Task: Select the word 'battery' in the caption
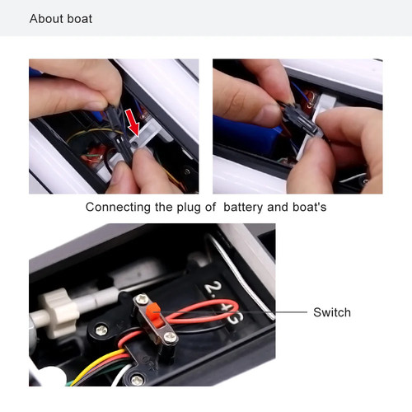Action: pos(245,208)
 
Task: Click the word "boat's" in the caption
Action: pos(306,208)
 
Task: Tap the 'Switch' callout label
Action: pos(331,312)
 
